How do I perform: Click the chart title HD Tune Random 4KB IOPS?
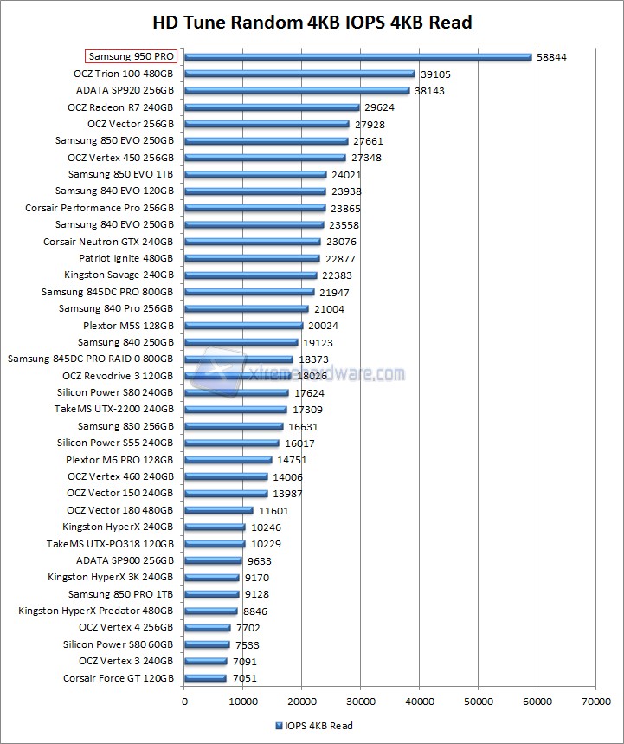pos(312,22)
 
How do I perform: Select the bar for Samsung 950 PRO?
pos(357,57)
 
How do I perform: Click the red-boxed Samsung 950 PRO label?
pos(132,57)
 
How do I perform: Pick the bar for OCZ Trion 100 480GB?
pos(299,74)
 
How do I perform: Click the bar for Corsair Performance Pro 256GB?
pos(254,209)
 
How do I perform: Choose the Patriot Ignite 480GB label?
pos(126,259)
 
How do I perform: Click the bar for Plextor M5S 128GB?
pos(243,327)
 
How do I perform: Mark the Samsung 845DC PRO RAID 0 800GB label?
pos(90,359)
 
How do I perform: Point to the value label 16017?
pos(301,443)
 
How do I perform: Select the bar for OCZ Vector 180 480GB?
pos(218,511)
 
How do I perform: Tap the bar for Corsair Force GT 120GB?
pos(205,679)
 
